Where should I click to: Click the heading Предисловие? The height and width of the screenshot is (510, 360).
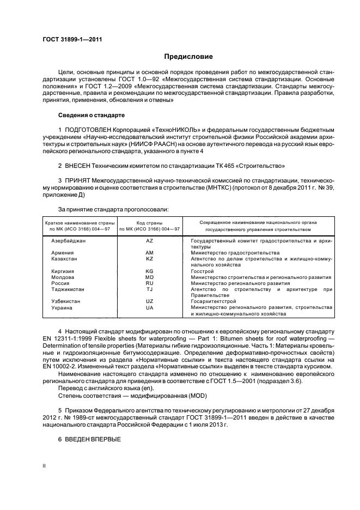pos(188,56)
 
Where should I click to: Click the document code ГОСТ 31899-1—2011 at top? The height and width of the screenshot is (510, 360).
pos(72,39)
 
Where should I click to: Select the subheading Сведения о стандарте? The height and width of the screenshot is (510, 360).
pos(91,116)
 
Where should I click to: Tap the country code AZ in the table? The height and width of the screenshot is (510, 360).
pos(150,240)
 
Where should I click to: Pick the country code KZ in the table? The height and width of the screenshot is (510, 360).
pos(150,259)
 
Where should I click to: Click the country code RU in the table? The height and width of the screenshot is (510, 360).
pos(150,283)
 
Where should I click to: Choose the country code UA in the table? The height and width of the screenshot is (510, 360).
pos(150,308)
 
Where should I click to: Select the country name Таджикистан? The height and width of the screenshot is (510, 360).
pos(69,289)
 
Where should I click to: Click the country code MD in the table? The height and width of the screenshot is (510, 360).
pos(150,277)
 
